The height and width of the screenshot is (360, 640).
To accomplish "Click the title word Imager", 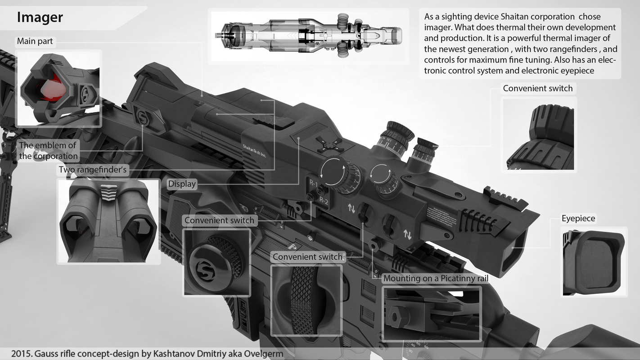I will coord(40,18).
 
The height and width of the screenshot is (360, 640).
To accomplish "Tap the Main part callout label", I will coord(35,41).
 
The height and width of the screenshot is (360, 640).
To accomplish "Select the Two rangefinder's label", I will coord(93,170).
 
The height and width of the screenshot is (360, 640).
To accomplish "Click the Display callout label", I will coord(182,184).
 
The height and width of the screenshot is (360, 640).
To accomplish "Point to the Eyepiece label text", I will coord(578,219).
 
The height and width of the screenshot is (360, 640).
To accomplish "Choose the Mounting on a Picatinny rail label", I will coord(435,279).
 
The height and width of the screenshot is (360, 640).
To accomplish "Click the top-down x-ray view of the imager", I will coord(309,36).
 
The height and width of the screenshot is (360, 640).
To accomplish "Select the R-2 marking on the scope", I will coord(324,201).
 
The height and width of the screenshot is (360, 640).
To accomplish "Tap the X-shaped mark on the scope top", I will coord(330,145).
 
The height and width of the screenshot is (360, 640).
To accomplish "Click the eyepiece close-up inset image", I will coord(593,262).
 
